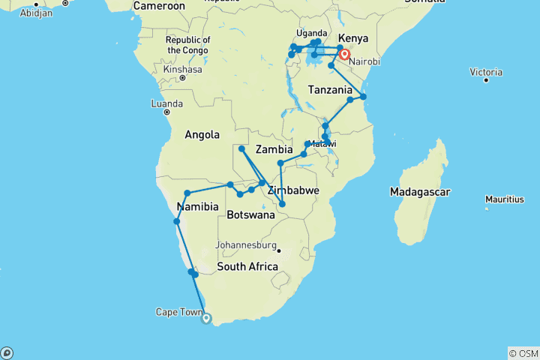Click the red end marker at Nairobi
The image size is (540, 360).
click(x=344, y=54)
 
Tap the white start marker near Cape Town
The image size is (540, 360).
click(x=207, y=318)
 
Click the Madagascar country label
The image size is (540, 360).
click(x=420, y=193)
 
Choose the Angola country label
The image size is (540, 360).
click(x=202, y=134)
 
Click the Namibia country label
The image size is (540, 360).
click(x=197, y=207)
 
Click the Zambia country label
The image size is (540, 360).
click(x=274, y=149)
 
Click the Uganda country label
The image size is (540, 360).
click(x=312, y=33)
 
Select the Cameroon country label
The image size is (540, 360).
click(x=159, y=6)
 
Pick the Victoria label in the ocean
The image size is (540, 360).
click(x=486, y=71)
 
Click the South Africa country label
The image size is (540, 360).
click(x=247, y=267)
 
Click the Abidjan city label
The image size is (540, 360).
click(x=35, y=13)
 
